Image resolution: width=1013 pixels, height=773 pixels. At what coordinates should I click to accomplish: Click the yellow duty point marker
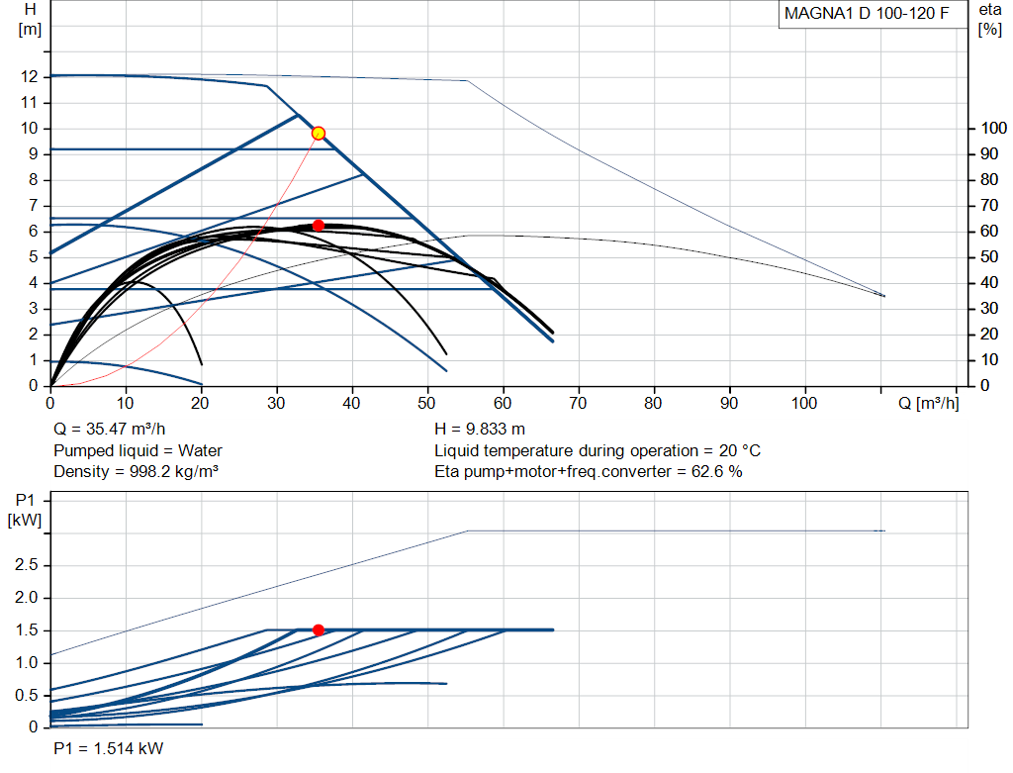(318, 134)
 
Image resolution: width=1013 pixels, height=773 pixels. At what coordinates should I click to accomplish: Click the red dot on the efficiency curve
(318, 226)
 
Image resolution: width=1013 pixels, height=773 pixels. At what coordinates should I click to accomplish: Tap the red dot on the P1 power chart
(318, 629)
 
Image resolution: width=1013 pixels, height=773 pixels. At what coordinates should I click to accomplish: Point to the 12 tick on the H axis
(30, 77)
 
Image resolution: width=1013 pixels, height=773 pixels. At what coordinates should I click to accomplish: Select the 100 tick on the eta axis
(993, 128)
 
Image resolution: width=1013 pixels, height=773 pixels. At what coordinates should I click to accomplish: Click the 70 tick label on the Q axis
(578, 403)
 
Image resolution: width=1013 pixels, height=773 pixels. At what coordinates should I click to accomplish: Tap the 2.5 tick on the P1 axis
(26, 565)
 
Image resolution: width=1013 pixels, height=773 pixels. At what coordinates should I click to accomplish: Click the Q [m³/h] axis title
(928, 403)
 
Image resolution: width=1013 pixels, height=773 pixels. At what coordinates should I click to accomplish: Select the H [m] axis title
(30, 20)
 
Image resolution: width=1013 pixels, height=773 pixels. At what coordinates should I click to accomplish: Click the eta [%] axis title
(989, 20)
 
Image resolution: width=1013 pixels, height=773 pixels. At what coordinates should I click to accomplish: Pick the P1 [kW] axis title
(25, 510)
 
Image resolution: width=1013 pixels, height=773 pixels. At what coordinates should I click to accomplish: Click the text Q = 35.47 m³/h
(109, 430)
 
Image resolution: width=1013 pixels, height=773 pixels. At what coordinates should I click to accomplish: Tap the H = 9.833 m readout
(480, 430)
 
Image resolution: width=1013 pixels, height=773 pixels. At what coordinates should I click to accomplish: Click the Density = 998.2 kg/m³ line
(136, 472)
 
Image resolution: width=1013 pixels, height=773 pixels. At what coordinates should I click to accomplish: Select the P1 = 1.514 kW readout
(109, 748)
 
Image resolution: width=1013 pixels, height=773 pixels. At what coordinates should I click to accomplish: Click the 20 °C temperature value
(740, 450)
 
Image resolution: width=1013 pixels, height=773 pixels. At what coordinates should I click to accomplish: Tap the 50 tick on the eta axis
(989, 257)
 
